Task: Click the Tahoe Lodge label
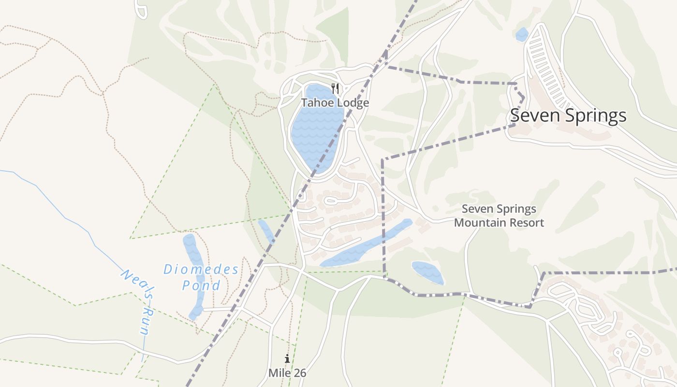click(335, 103)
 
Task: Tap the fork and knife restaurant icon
click(335, 89)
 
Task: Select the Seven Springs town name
click(568, 116)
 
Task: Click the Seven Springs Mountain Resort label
click(499, 216)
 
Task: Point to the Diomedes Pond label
click(201, 277)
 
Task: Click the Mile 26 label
click(287, 373)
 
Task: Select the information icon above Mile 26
click(287, 358)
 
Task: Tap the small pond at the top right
click(522, 34)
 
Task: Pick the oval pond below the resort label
click(427, 272)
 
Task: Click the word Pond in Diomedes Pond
click(201, 285)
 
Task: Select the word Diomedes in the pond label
click(201, 269)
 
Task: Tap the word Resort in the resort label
click(527, 223)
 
